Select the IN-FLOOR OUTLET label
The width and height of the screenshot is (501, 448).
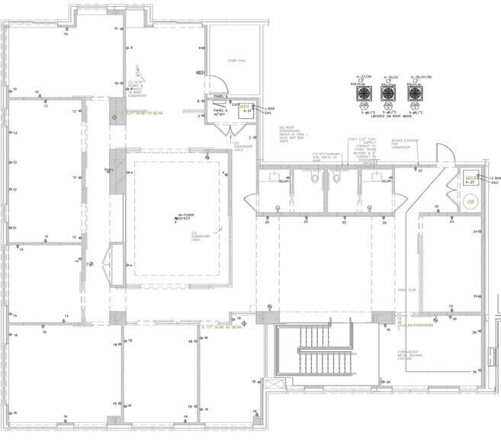pos(179,217)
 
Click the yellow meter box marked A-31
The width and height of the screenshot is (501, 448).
pos(246,109)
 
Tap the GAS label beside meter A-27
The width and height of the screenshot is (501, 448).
pos(495,183)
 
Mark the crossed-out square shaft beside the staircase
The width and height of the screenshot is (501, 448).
pos(269,308)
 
